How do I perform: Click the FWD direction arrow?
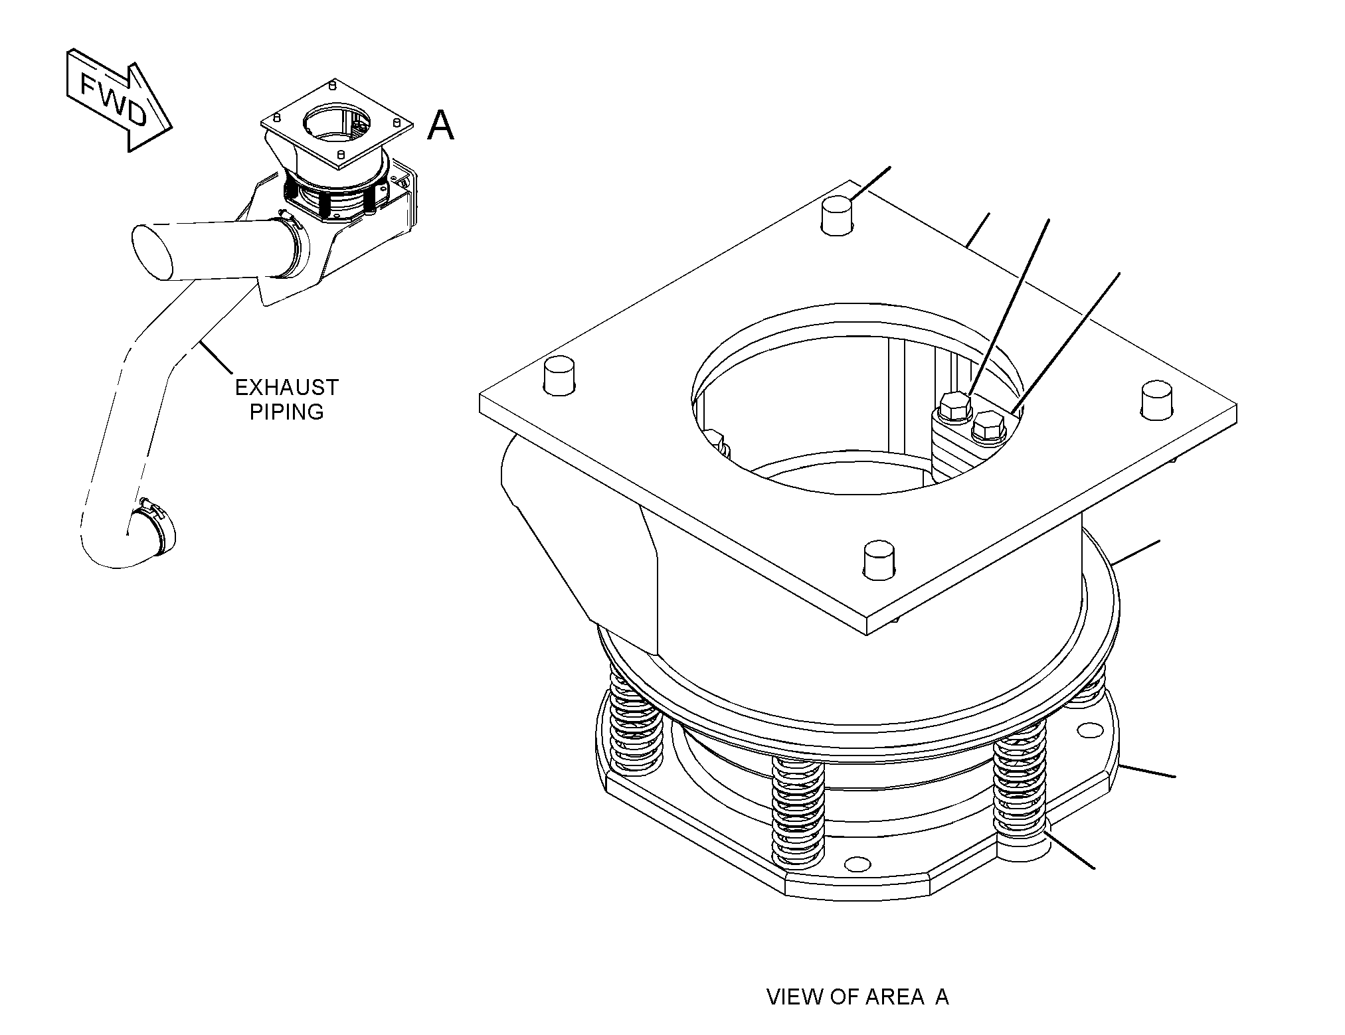click(118, 99)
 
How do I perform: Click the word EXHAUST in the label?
click(287, 387)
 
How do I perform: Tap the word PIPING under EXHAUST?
click(287, 412)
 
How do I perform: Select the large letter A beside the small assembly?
click(440, 125)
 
